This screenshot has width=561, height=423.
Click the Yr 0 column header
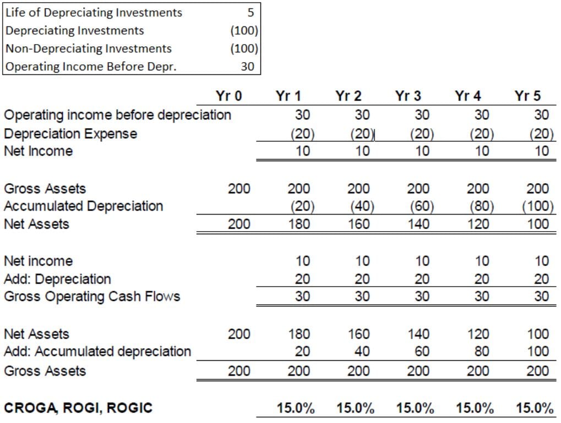point(228,96)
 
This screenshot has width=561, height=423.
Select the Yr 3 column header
point(408,96)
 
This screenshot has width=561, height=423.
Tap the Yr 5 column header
point(527,96)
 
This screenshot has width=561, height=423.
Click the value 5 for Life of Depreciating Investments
point(250,13)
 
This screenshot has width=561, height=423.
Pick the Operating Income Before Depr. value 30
point(247,67)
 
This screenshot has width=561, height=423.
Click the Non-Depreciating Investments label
point(89,48)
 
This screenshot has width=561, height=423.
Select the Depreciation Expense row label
point(70,134)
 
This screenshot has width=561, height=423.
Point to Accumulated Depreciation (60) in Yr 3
point(422,206)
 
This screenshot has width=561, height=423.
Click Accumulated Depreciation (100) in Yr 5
point(537,206)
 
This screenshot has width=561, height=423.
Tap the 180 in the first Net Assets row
point(299,224)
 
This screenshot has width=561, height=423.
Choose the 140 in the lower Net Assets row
point(418,334)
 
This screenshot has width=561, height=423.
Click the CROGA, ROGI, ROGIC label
point(78,408)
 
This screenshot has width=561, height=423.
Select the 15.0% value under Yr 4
point(475,408)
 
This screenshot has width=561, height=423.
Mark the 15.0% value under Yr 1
point(296,408)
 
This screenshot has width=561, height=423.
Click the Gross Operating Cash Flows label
point(92,296)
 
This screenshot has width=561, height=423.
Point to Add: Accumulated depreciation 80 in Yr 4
point(482,351)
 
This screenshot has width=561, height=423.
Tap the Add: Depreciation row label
point(58,279)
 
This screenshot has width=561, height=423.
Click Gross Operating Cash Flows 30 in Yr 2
point(362,296)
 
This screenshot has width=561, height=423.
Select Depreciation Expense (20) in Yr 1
point(302,134)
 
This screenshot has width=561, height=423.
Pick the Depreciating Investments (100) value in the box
point(244,31)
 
